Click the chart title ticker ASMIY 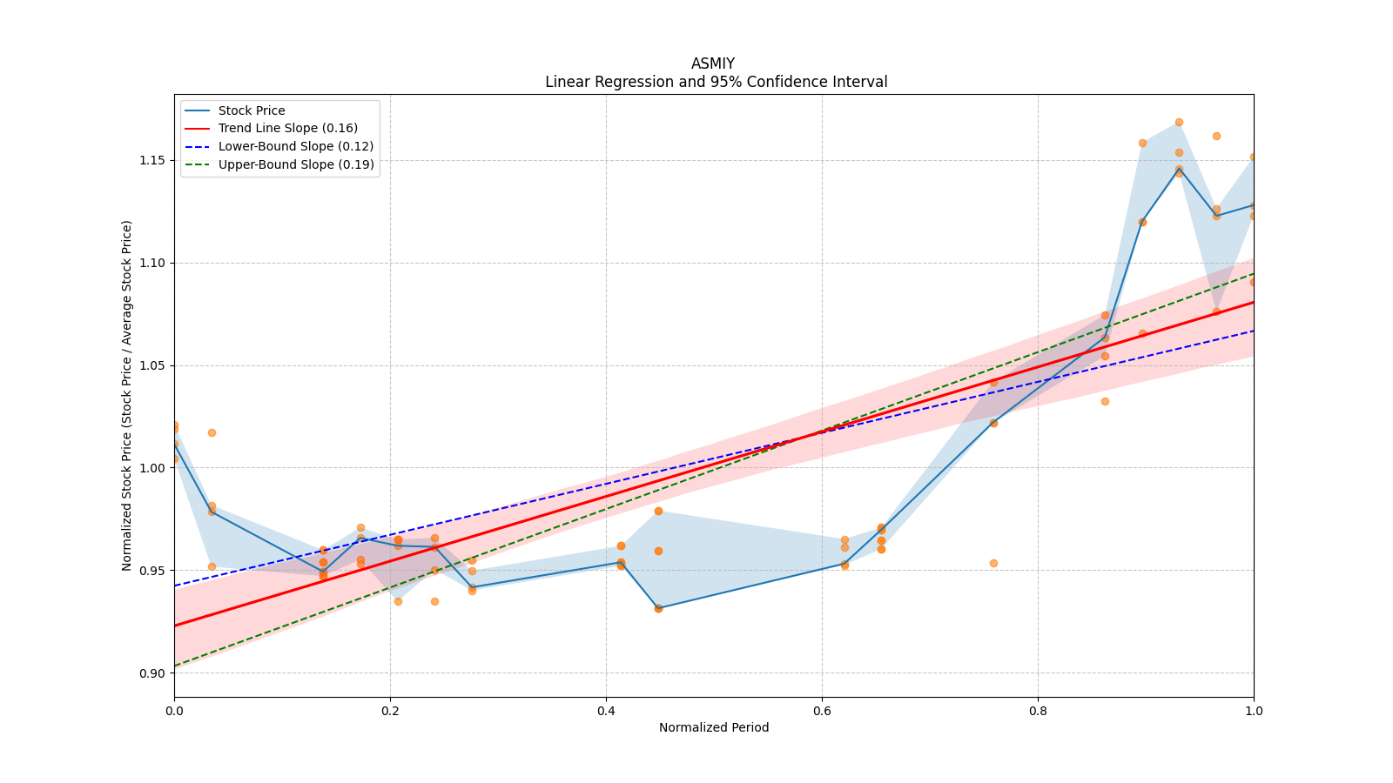pos(712,64)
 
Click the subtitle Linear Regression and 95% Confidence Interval pos(716,82)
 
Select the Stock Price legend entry pos(252,110)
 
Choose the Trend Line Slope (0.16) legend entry pos(287,129)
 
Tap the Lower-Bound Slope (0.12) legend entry pos(295,146)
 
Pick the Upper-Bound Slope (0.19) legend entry pos(296,164)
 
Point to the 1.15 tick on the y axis pos(153,161)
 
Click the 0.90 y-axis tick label pos(153,673)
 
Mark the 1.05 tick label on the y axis pos(153,365)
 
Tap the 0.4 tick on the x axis pos(606,711)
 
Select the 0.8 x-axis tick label pos(1038,711)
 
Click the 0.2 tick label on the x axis pos(390,711)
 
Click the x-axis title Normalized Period pos(714,727)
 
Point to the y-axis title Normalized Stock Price pos(127,395)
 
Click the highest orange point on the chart pos(1179,123)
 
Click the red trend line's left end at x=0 pos(175,625)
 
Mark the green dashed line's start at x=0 pos(175,666)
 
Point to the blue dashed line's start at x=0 pos(175,586)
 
